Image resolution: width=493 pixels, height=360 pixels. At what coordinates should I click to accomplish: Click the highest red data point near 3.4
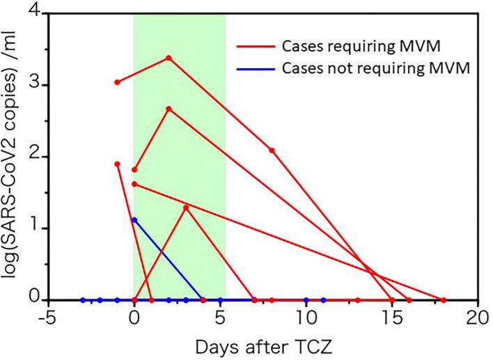169,58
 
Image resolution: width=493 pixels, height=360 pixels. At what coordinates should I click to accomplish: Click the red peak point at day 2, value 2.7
169,109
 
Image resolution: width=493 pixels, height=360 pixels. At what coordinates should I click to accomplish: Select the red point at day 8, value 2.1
272,150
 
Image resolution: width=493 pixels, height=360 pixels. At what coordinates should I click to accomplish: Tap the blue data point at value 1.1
134,220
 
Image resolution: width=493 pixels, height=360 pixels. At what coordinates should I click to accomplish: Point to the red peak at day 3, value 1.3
186,207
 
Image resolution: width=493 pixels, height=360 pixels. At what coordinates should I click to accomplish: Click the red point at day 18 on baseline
444,300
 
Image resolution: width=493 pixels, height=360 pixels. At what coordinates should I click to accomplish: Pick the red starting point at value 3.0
117,82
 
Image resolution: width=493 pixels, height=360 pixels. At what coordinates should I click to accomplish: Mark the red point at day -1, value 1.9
117,164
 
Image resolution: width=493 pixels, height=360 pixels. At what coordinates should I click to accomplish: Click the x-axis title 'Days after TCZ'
263,346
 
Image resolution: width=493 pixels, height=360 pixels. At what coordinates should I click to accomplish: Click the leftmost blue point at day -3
83,300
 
